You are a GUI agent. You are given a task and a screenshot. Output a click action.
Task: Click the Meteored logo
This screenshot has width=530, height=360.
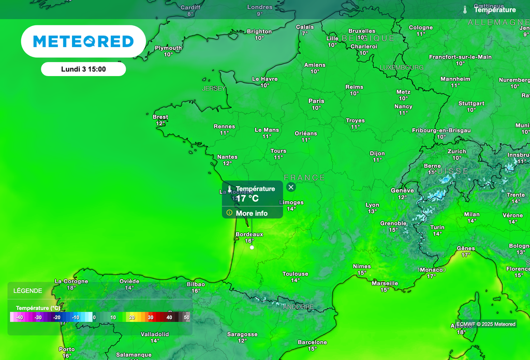[83, 41]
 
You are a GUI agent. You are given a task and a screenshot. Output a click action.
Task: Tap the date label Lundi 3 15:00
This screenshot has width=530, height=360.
[83, 69]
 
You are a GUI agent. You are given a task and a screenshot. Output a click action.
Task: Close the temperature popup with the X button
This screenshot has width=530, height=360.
[291, 187]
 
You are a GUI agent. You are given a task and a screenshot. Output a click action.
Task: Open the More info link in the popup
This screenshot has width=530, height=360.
[252, 213]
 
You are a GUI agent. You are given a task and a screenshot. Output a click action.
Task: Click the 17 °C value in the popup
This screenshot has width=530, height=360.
[247, 199]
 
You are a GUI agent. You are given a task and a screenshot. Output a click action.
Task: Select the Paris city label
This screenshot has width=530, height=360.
[316, 101]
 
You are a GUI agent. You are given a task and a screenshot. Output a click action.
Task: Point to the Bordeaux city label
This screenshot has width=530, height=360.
[249, 234]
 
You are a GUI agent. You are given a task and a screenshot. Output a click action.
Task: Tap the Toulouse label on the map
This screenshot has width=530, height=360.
[296, 274]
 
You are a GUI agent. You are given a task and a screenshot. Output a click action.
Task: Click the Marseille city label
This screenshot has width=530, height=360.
[385, 283]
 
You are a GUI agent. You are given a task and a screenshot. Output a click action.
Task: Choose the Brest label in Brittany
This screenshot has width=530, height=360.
[160, 117]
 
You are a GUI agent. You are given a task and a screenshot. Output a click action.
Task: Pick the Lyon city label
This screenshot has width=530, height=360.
[372, 205]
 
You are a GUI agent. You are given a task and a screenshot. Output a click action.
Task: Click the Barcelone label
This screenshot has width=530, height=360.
[313, 342]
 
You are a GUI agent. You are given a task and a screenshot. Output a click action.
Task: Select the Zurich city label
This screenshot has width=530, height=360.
[457, 152]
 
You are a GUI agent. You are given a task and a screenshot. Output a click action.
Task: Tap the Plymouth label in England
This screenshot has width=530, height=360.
[168, 48]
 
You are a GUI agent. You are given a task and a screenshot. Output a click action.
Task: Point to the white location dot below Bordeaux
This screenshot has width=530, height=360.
[252, 247]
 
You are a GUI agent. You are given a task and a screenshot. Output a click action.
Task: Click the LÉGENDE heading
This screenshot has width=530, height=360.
[27, 291]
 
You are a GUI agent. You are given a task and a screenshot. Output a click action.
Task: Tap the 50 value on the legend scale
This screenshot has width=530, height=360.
[187, 317]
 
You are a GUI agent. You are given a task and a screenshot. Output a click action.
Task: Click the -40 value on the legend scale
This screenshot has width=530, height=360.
[19, 317]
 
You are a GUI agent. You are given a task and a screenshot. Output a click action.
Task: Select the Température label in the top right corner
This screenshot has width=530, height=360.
[495, 10]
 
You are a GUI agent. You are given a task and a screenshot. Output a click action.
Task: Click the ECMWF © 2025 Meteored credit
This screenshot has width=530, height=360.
[486, 324]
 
